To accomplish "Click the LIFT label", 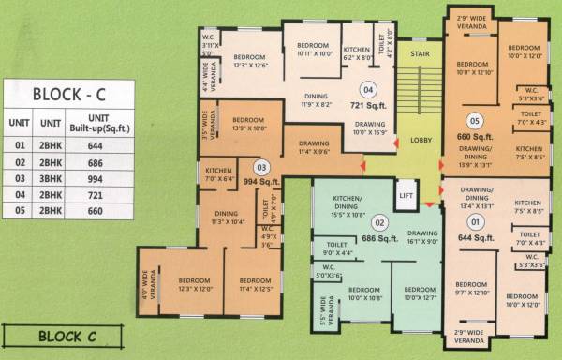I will [405, 196].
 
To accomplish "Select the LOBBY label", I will [419, 140].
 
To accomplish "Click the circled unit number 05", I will [475, 121].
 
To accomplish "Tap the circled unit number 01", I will [475, 222].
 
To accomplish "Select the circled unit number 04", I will [369, 90].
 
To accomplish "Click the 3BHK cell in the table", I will [50, 179].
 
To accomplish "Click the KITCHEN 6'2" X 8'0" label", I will [358, 52].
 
